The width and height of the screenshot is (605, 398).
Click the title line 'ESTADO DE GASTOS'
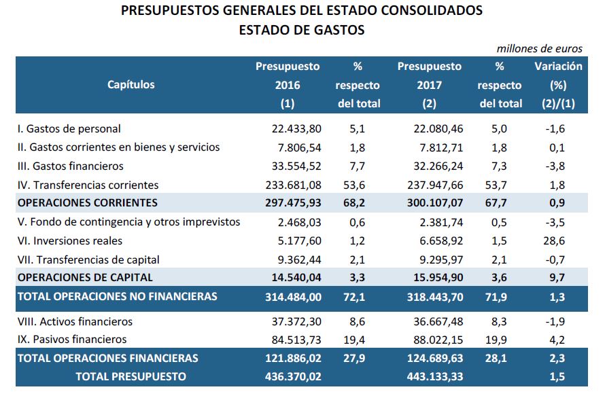(x=302, y=30)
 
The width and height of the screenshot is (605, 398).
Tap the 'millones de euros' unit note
(x=540, y=49)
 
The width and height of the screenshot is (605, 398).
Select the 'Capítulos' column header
(x=131, y=85)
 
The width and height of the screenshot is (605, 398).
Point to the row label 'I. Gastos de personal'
(x=69, y=128)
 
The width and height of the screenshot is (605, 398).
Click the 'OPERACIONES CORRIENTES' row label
(x=88, y=203)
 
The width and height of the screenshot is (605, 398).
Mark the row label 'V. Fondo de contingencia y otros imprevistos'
(x=128, y=222)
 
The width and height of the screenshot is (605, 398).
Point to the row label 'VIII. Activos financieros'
(x=75, y=321)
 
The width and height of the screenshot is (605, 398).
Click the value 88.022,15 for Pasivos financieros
(x=436, y=340)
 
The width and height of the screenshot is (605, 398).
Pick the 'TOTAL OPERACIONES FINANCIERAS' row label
(x=107, y=358)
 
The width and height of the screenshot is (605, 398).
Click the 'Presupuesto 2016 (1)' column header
(x=288, y=85)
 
